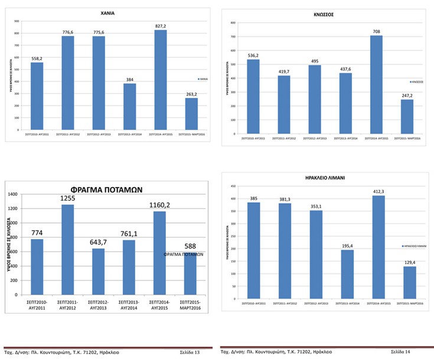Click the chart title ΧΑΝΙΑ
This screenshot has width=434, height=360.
point(107,12)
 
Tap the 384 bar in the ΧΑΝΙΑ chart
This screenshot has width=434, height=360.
point(130,107)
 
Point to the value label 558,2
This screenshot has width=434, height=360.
point(37,58)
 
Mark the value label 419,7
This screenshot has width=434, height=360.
point(283,71)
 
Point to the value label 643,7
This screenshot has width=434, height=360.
point(98,243)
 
